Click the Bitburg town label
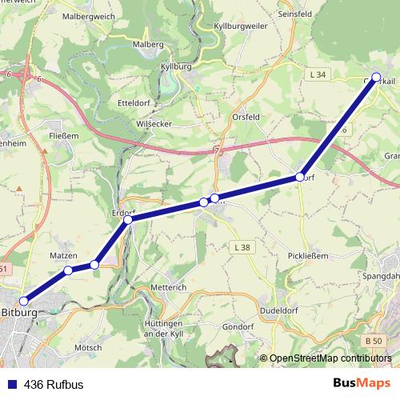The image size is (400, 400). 19,312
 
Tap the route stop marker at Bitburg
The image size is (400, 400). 24,301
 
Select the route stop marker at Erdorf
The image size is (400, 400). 128,219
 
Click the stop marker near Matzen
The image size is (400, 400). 68,270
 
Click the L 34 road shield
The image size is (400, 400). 318,74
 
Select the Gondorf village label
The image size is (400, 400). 238,327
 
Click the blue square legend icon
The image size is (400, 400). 12,384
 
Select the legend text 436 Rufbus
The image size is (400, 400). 54,384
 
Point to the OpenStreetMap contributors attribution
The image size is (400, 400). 330,358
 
